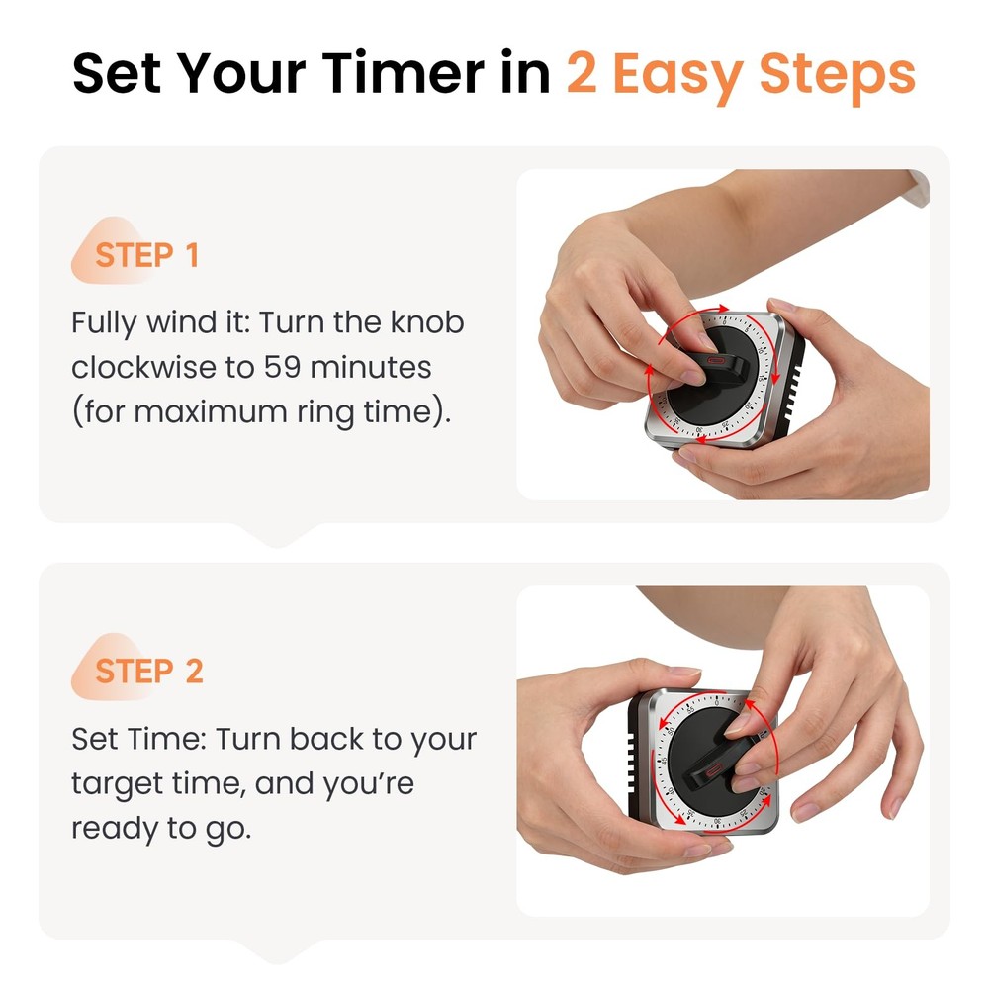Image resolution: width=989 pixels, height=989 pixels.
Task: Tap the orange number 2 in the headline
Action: coord(582,74)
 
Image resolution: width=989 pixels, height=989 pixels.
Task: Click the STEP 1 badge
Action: coord(145,255)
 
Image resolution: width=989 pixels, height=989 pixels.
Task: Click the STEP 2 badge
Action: coord(147,671)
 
